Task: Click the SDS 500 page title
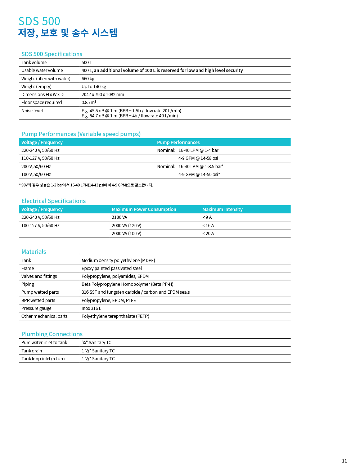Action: tap(39, 21)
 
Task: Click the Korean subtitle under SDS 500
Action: tap(68, 33)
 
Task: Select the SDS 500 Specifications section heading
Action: tap(52, 54)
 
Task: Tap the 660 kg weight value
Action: tap(88, 79)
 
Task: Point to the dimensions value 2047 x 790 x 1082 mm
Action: tap(103, 95)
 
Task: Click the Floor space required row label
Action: tap(41, 103)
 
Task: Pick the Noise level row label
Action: tap(32, 111)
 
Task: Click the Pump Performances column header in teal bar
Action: tap(178, 143)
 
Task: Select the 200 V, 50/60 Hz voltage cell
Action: tap(36, 167)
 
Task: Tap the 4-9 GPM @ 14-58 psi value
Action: tap(198, 158)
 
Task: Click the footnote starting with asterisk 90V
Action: tap(86, 185)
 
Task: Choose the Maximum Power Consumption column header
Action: tap(144, 209)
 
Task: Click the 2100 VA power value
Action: tap(119, 217)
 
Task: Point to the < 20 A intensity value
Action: tap(208, 234)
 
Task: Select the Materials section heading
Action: tap(34, 252)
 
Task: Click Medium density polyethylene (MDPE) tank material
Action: tap(118, 261)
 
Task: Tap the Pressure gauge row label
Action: tap(36, 308)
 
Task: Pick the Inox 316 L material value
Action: tap(91, 308)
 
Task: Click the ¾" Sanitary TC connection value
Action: tap(96, 343)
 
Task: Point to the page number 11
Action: tap(345, 461)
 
